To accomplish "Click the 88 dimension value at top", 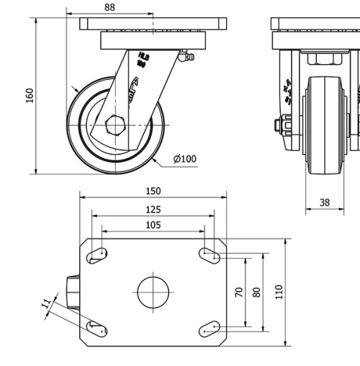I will (109, 7).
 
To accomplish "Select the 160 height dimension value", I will (30, 95).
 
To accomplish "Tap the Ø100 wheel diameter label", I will (184, 159).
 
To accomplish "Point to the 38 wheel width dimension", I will (325, 202).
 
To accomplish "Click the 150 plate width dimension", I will (153, 191).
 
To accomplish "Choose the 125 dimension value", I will (153, 210).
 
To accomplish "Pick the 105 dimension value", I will (153, 226).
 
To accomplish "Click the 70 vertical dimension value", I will (239, 292).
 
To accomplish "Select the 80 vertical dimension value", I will (256, 292).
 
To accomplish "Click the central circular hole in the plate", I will (153, 292).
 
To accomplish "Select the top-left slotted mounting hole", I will (97, 254).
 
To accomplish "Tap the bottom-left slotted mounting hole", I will (97, 329).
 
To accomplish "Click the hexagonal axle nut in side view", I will (115, 125).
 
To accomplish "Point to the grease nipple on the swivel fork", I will (186, 56).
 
